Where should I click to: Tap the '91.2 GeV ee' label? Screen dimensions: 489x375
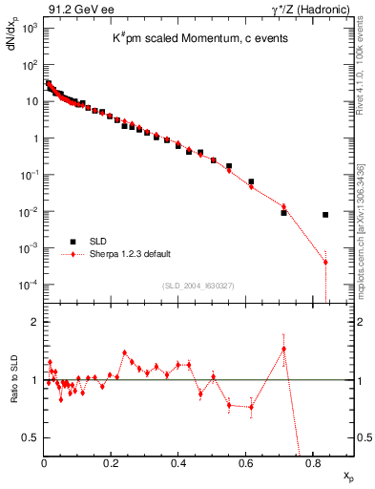pos(75,9)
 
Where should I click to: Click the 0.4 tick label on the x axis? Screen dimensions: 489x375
pos(178,463)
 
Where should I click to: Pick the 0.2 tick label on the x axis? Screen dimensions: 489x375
pos(111,463)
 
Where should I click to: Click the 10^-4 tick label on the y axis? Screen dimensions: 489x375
pos(30,285)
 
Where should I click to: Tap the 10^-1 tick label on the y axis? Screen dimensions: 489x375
pos(30,175)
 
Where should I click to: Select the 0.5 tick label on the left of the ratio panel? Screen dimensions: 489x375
pos(32,437)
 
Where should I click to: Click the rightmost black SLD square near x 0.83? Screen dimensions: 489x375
pos(325,215)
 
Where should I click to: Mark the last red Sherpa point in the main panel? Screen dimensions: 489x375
pos(325,262)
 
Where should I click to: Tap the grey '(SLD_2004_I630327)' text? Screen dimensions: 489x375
pos(200,286)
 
